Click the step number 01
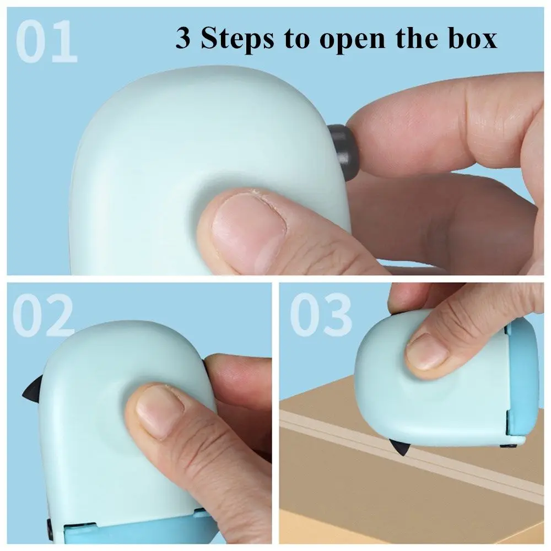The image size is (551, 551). (46, 41)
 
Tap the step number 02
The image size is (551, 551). (43, 315)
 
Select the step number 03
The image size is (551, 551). (321, 315)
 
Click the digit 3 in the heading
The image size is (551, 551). (183, 38)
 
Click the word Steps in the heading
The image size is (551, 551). (237, 39)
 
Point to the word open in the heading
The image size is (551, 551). (353, 41)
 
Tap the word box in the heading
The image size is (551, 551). (473, 38)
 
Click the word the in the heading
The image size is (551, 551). (417, 38)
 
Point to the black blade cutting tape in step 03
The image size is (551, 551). (400, 446)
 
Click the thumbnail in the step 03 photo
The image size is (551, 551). (427, 352)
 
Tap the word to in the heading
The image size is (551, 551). (298, 39)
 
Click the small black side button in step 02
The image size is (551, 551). (50, 529)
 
